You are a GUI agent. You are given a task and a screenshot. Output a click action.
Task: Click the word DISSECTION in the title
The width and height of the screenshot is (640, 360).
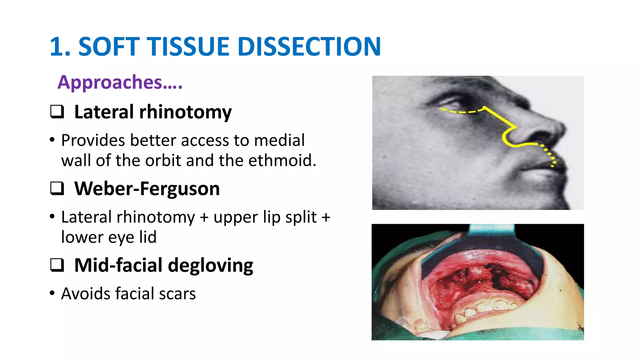[x=309, y=47]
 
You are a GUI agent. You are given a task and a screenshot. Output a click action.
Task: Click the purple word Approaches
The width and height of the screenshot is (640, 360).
[x=110, y=82]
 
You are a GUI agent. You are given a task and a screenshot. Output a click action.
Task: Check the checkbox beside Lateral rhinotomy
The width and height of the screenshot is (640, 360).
[x=57, y=112]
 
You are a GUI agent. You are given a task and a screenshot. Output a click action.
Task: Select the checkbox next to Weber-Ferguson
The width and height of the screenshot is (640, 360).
[x=57, y=188]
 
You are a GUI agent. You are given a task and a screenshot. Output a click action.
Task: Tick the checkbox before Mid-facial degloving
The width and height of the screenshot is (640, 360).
[x=57, y=265]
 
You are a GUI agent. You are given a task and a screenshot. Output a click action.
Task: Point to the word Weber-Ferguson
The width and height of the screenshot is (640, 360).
[x=147, y=188]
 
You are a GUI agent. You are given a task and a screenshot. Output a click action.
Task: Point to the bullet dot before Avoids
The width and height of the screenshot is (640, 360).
[x=52, y=293]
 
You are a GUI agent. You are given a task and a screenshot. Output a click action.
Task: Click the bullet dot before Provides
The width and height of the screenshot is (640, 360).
[x=52, y=140]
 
